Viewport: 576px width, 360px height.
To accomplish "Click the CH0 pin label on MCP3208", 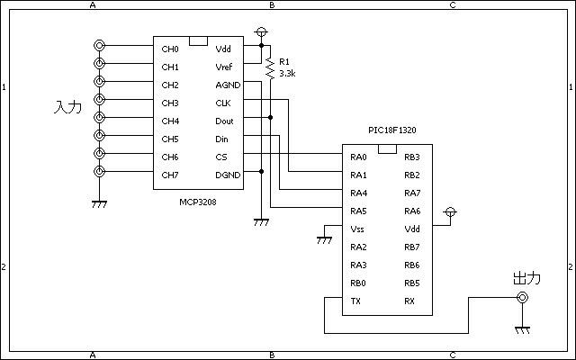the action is (x=170, y=49).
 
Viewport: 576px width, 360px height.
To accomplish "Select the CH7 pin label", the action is (x=170, y=175).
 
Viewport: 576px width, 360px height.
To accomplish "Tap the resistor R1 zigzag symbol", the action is (x=270, y=68).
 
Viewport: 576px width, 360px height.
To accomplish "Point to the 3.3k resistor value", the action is (x=287, y=74).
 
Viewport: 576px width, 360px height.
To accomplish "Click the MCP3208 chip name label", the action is (x=198, y=202).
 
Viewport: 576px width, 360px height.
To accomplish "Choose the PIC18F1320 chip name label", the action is (x=392, y=130).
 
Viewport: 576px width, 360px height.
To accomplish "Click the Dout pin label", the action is (x=224, y=121).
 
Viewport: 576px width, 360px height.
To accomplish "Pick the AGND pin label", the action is (x=228, y=85).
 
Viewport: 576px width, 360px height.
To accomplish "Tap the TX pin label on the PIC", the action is (x=355, y=301).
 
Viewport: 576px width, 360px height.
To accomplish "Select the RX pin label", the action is (x=409, y=301).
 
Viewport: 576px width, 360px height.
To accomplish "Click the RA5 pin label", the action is (x=358, y=211).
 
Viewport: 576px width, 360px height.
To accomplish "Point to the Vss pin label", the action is (x=357, y=229).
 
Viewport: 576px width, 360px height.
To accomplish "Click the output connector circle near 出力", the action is (x=522, y=297).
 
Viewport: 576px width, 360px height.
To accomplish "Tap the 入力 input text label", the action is (x=67, y=107).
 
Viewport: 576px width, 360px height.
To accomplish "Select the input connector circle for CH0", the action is (x=99, y=46).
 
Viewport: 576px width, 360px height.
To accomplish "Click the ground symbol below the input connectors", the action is (x=99, y=204).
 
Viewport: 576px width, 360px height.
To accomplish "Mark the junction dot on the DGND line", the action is (x=262, y=172).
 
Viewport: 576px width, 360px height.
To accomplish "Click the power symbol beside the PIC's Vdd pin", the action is (x=450, y=212).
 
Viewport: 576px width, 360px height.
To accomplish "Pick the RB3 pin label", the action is (x=412, y=157).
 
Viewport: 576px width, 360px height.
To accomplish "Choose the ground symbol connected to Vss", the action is (x=324, y=240).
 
